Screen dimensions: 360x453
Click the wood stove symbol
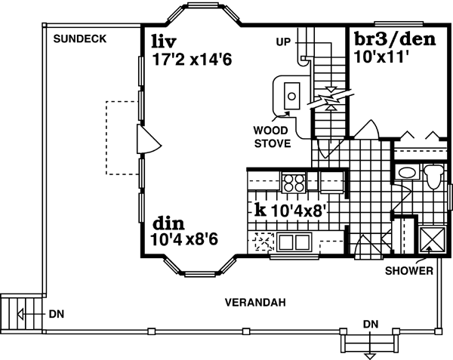tap(289, 94)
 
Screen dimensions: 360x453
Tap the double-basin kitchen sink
tap(294, 243)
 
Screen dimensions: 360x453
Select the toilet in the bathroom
tap(433, 178)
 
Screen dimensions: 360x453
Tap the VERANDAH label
tap(254, 303)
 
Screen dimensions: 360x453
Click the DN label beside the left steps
tap(56, 313)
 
